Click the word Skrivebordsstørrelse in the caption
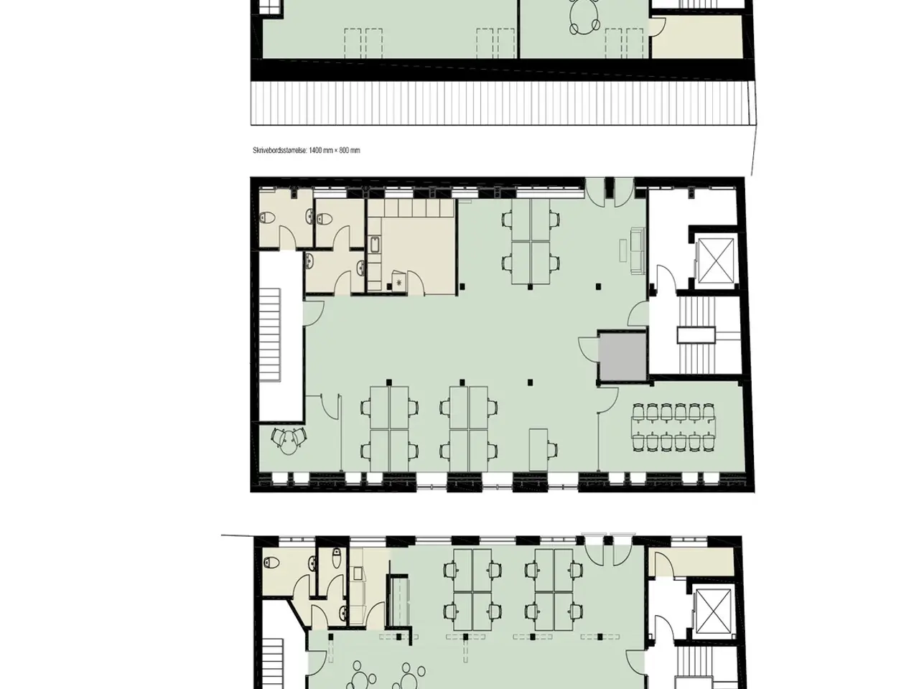[x=279, y=151]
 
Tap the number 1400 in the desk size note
[x=315, y=151]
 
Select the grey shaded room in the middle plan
[x=622, y=357]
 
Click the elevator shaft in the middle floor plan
[x=716, y=261]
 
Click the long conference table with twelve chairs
[x=673, y=427]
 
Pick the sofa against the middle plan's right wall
[x=638, y=251]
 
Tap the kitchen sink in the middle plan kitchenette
[x=374, y=244]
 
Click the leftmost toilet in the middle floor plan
[x=267, y=217]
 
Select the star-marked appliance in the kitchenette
[x=398, y=281]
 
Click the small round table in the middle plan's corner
[x=289, y=443]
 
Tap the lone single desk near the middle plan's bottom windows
[x=538, y=450]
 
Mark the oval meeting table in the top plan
[x=585, y=16]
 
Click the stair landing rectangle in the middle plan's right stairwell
[x=696, y=335]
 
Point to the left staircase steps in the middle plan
[x=270, y=334]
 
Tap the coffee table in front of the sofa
[x=623, y=250]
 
